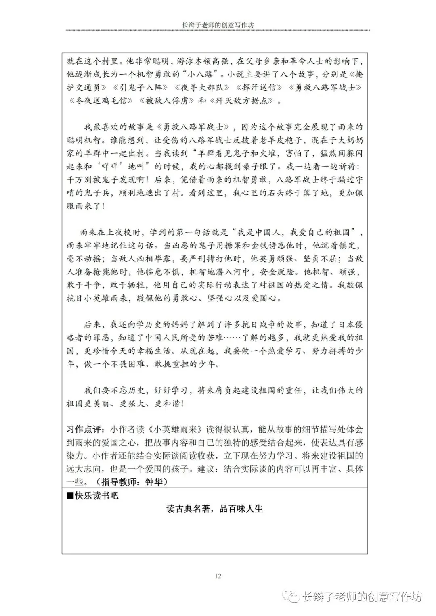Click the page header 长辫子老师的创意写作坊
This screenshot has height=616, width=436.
[218, 25]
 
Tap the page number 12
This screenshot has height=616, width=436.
[218, 576]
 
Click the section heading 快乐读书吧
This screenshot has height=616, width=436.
[96, 496]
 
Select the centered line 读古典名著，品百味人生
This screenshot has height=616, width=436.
[215, 509]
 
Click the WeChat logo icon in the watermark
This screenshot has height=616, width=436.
[290, 597]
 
